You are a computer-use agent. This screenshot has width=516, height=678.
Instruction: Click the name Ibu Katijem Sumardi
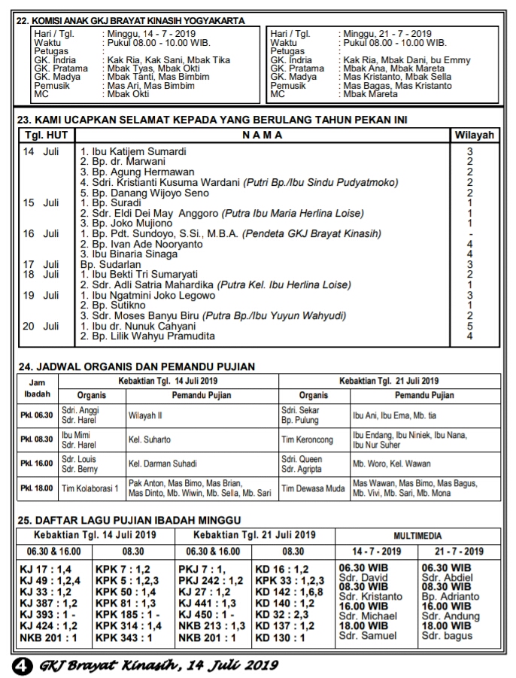132,151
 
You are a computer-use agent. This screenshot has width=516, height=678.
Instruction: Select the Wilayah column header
472,135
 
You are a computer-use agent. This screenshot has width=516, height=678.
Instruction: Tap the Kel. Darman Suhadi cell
162,464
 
